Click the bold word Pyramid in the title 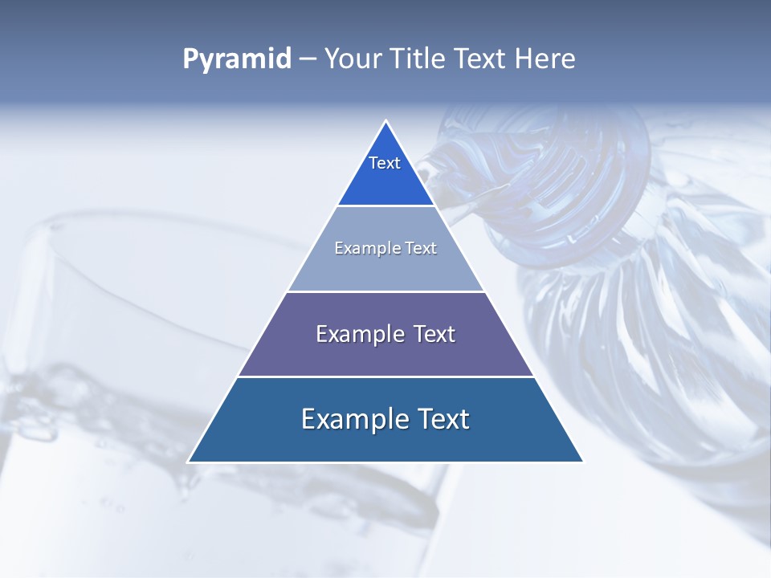(237, 59)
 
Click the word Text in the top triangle (385, 163)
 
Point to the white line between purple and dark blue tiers (385, 377)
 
